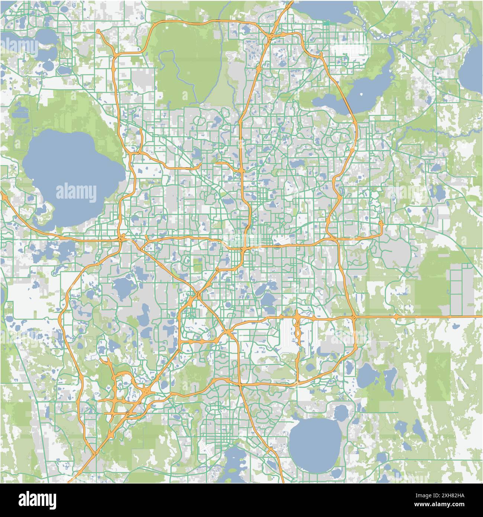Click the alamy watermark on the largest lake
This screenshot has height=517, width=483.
[76, 192]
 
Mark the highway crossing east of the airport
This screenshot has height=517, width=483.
[354, 317]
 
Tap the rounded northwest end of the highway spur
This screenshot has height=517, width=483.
[98, 31]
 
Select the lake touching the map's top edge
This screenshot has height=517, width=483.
[327, 9]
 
